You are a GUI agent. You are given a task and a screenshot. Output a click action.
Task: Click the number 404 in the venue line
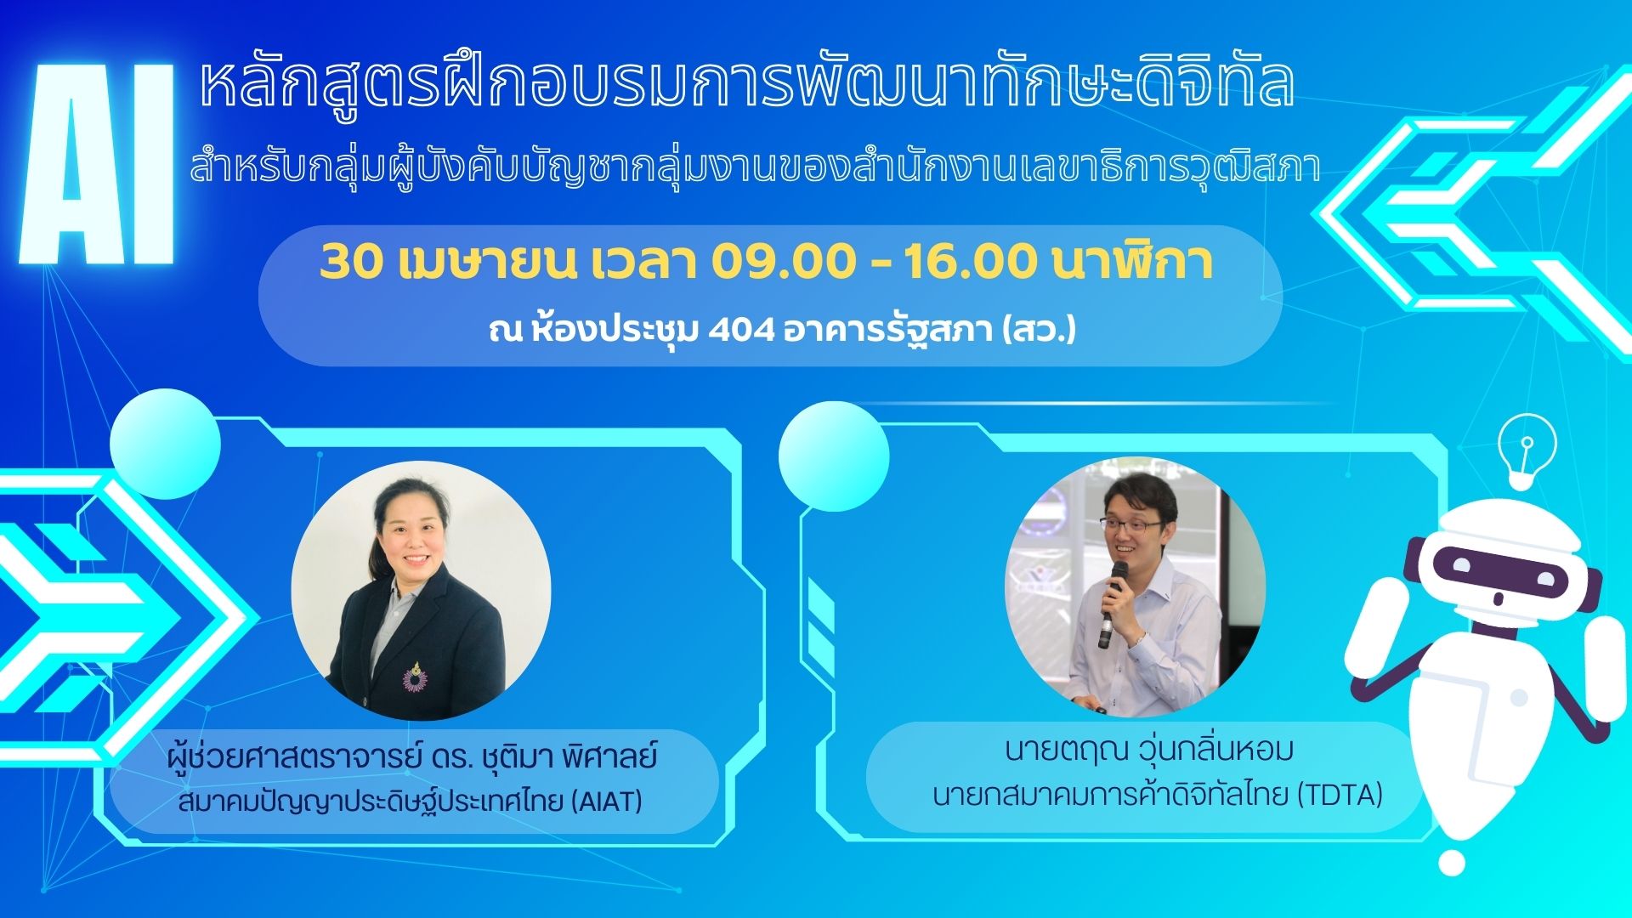click(741, 329)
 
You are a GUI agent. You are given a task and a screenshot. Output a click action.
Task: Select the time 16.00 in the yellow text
click(970, 263)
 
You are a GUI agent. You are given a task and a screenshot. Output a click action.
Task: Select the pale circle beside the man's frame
click(834, 456)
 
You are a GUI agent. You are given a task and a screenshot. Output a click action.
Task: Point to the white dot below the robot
click(1452, 862)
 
